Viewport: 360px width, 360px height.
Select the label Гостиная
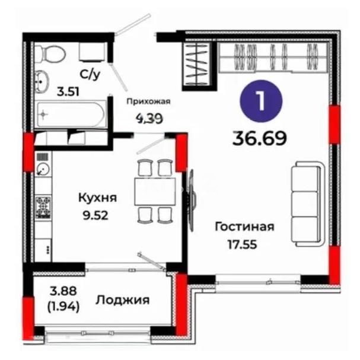244,227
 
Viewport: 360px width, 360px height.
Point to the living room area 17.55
242,243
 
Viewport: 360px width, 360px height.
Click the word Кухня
98,197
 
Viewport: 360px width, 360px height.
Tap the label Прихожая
149,101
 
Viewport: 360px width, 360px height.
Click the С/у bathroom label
90,74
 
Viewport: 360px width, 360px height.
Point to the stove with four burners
43,206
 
